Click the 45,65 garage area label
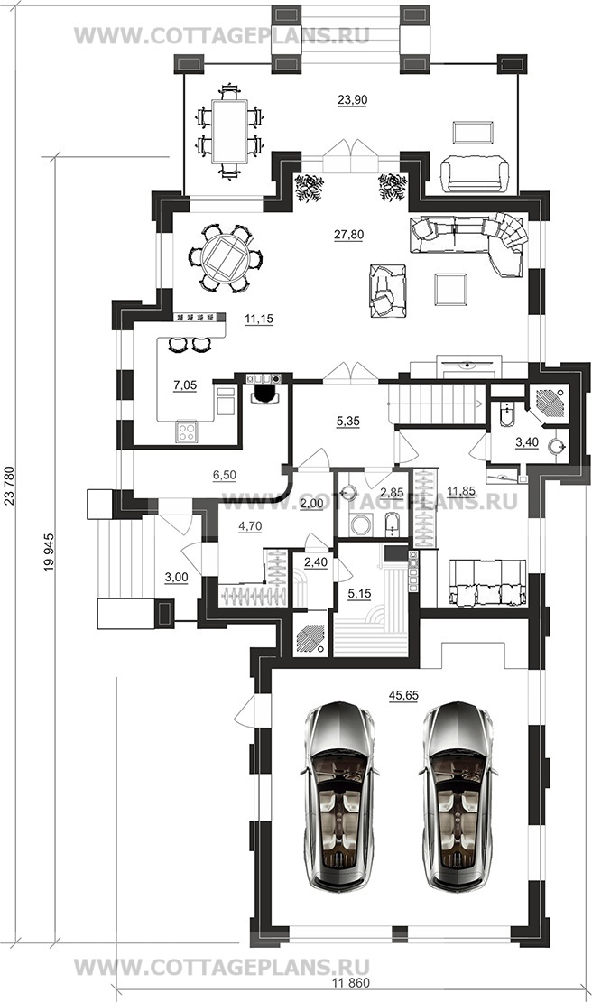pyautogui.click(x=403, y=695)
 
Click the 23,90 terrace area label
pyautogui.click(x=352, y=99)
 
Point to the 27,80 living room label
pyautogui.click(x=348, y=236)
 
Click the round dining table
pyautogui.click(x=225, y=258)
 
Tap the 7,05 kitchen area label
pyautogui.click(x=185, y=385)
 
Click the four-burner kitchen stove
pyautogui.click(x=187, y=432)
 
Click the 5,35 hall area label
pyautogui.click(x=348, y=422)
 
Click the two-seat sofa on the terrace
pyautogui.click(x=475, y=174)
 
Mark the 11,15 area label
pyautogui.click(x=259, y=319)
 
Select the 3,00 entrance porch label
pyautogui.click(x=176, y=577)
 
